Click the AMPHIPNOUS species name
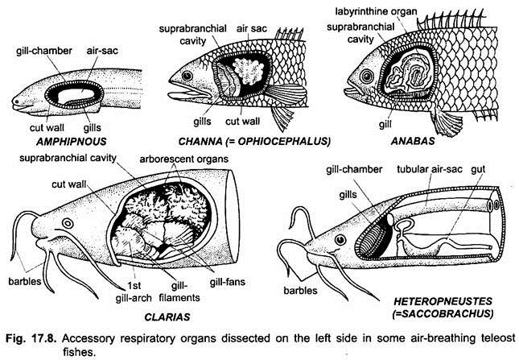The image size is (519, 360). pos(71,142)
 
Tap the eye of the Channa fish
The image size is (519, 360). pos(187,76)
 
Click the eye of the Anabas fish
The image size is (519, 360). pos(367,77)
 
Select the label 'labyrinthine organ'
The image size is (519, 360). pos(376,11)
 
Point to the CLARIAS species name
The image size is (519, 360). pos(167,317)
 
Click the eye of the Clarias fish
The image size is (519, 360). pos(68,223)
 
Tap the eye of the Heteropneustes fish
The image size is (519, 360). pos(340,239)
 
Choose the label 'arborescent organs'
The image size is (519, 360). pos(184,159)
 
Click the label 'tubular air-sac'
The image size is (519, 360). pos(430,169)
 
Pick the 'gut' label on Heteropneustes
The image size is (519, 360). pos(478,170)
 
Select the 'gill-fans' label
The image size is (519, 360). pos(228,282)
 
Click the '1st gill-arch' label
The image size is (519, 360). pos(134,292)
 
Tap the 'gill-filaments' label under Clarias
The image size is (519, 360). pos(179,292)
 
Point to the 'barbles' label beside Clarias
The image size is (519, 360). pos(24,282)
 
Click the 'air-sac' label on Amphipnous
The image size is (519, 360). pos(102,51)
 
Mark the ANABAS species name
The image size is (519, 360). pos(413,141)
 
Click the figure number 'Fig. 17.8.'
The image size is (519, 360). pos(31,338)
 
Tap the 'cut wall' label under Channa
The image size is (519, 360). pos(243,122)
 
